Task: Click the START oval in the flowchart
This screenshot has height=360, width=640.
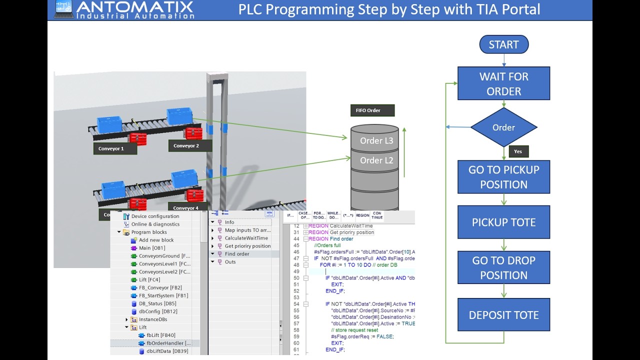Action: (x=503, y=44)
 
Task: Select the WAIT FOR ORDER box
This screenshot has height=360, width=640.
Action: (x=503, y=83)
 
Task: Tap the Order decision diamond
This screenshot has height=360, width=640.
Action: (x=503, y=127)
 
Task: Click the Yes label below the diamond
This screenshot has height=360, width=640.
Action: (x=518, y=151)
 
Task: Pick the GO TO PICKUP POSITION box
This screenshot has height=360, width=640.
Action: (x=503, y=177)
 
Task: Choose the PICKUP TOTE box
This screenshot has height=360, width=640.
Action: (x=503, y=222)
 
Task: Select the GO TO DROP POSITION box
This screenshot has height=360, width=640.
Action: (x=503, y=267)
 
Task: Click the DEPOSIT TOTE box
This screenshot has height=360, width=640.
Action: (x=503, y=315)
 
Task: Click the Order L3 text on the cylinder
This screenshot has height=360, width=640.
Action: (x=376, y=141)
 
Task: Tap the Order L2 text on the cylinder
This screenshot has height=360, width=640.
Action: (x=376, y=160)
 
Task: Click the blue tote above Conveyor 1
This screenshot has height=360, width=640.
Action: (x=109, y=124)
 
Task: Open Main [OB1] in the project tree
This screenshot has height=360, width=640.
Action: (x=151, y=248)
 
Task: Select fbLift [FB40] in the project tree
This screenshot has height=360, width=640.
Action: (x=160, y=335)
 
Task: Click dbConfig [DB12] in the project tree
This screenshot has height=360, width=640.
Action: (x=157, y=311)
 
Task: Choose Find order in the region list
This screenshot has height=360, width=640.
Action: (x=236, y=254)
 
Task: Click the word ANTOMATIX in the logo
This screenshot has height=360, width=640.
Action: (x=135, y=7)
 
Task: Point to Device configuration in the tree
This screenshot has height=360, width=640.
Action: (x=155, y=216)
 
